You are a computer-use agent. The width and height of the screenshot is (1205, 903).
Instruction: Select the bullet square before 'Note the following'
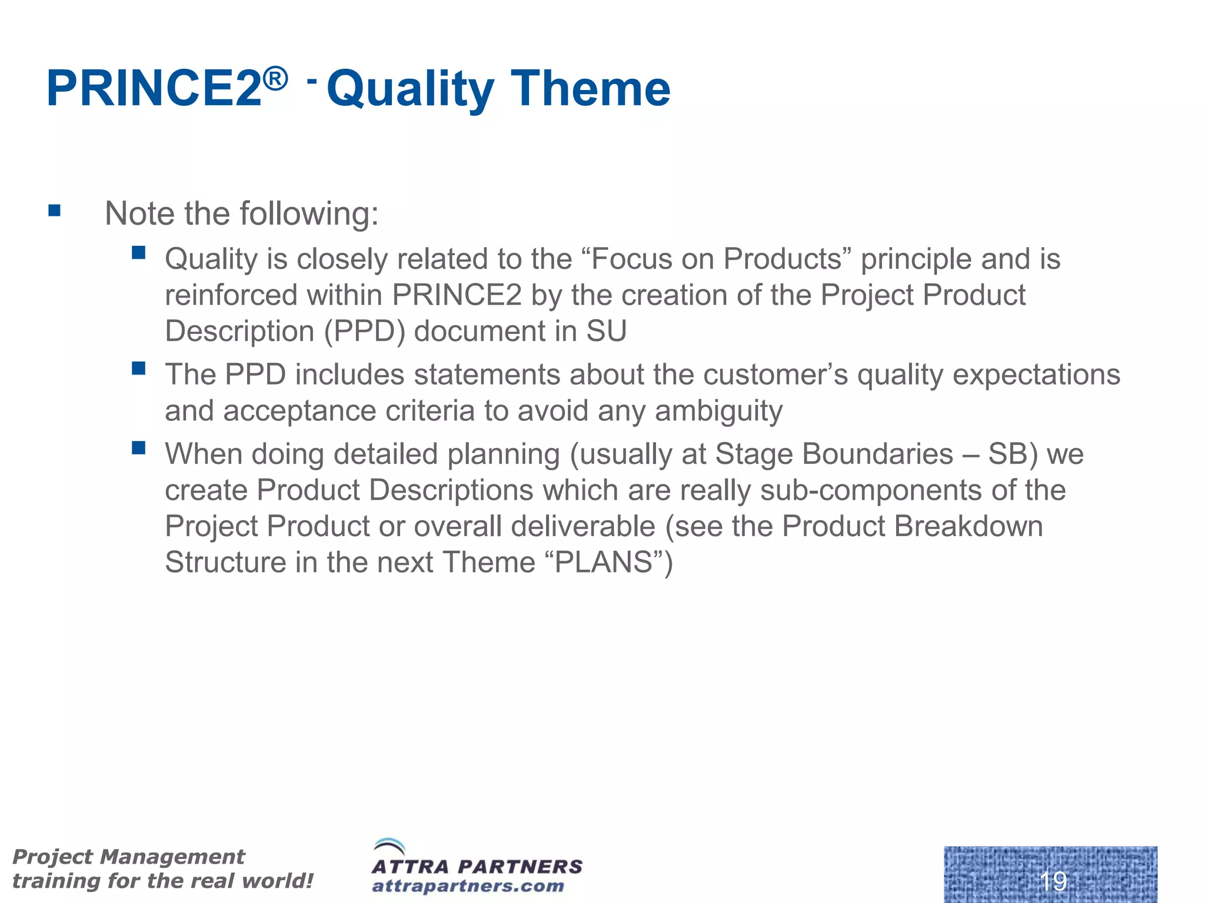click(55, 210)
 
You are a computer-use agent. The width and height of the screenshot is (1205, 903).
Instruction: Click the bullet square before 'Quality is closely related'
click(139, 253)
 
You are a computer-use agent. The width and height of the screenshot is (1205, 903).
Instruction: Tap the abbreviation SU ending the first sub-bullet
click(606, 332)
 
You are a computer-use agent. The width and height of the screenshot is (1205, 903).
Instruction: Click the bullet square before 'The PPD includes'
click(139, 369)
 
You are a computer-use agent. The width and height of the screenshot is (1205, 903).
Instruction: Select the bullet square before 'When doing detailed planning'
click(139, 449)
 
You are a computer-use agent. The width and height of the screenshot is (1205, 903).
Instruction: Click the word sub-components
click(871, 491)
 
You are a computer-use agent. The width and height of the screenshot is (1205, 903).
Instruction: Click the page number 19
click(1053, 881)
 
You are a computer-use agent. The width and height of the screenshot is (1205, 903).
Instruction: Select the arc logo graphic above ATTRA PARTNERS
click(390, 847)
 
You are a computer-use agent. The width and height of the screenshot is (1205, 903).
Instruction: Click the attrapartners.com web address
click(468, 886)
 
